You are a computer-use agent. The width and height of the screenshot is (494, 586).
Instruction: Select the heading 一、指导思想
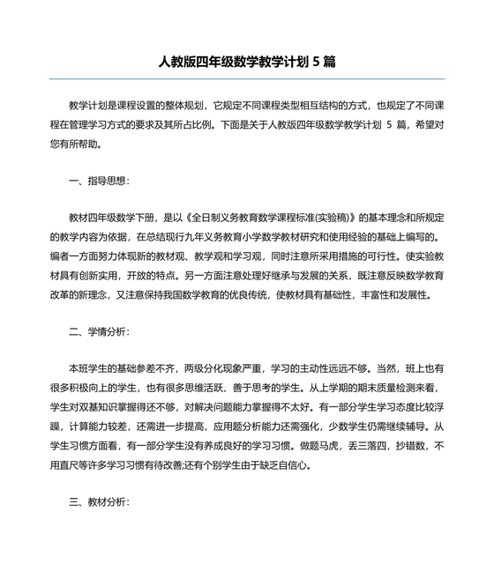pyautogui.click(x=99, y=182)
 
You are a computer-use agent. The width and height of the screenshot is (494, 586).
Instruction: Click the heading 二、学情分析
pyautogui.click(x=99, y=332)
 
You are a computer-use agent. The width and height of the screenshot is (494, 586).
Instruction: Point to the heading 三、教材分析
pyautogui.click(x=99, y=502)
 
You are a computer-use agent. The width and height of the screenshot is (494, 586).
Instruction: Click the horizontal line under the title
pyautogui.click(x=246, y=80)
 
